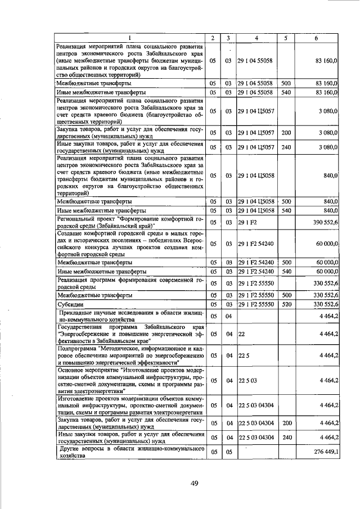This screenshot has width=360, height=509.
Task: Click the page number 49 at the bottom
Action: pos(195,483)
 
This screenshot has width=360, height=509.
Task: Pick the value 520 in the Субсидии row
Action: pos(286,304)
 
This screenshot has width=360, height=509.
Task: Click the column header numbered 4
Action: pos(256,38)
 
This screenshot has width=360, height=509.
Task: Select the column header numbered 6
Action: pos(318,38)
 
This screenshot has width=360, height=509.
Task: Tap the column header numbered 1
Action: pos(129,38)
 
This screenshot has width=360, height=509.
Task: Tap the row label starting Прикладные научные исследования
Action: pos(129,316)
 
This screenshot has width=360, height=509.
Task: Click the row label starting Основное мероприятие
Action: pos(129,381)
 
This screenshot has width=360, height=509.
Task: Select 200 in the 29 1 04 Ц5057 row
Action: pos(286,133)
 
